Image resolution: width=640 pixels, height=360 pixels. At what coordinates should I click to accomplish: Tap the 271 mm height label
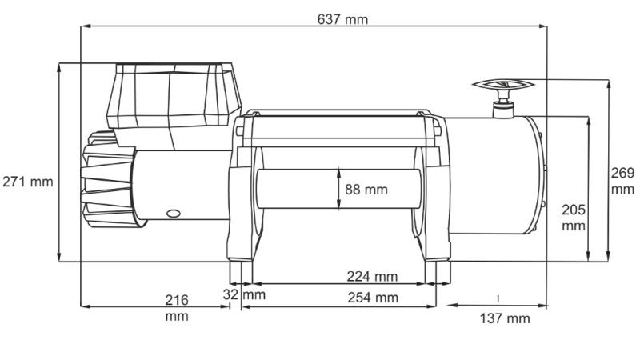click(x=28, y=182)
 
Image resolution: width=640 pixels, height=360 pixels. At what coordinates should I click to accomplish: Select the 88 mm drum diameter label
click(x=366, y=190)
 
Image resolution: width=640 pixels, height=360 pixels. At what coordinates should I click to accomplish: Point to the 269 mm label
click(x=622, y=181)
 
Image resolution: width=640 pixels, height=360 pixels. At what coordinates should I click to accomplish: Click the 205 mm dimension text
click(x=574, y=217)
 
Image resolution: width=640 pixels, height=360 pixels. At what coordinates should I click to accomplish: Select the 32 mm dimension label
click(x=244, y=294)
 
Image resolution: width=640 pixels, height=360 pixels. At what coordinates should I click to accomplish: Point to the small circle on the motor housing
click(x=171, y=214)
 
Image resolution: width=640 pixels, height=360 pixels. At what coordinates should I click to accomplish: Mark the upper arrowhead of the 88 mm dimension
click(x=339, y=170)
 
